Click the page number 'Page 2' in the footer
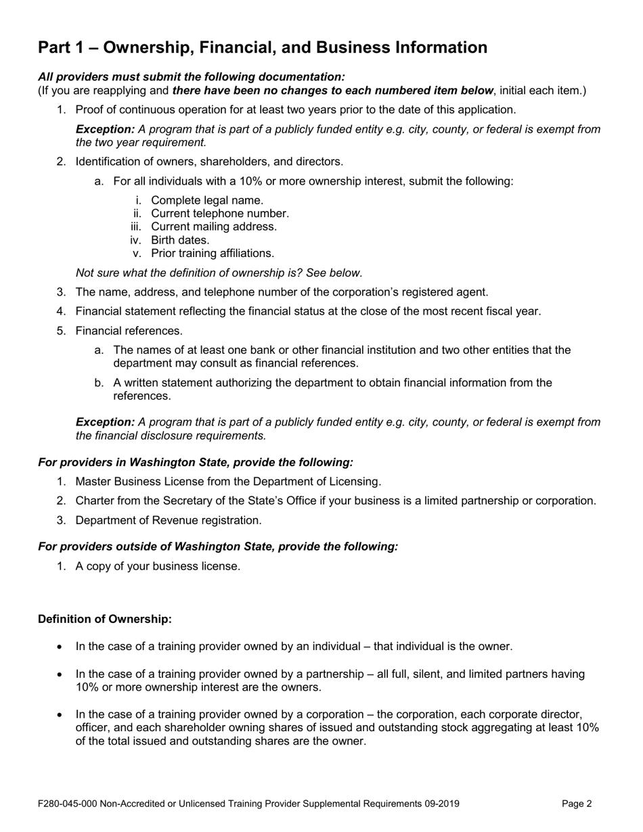coord(577,804)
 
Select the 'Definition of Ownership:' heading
coord(105,619)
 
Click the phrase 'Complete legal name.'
coord(207,200)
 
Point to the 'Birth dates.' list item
coord(180,240)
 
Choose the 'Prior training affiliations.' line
coord(213,254)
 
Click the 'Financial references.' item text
coord(129,331)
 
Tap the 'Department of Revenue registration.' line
coord(168,520)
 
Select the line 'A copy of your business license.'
coord(158,566)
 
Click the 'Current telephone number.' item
coord(220,214)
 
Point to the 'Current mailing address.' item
coord(214,227)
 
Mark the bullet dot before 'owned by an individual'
coord(60,647)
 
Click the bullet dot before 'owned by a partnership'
coord(60,674)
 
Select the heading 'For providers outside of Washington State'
coord(218,546)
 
